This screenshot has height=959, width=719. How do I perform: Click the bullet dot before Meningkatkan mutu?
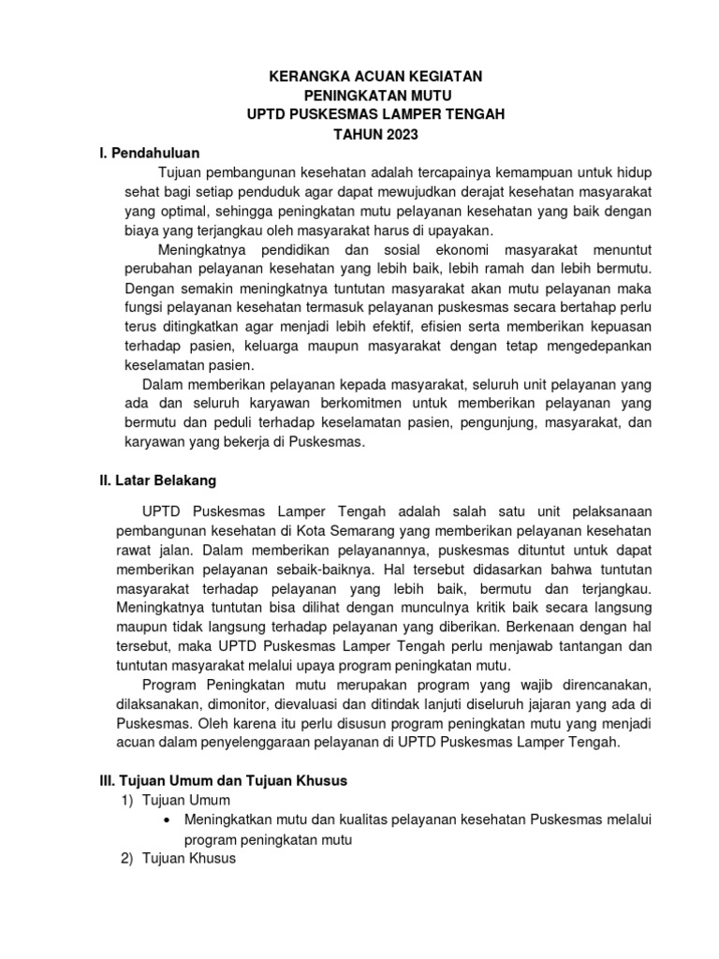coord(166,820)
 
